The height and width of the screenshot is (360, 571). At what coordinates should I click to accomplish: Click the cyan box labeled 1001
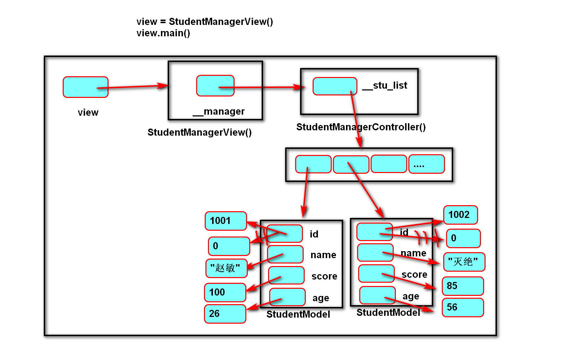coord(226,221)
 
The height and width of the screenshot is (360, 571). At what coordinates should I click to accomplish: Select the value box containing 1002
coord(460,215)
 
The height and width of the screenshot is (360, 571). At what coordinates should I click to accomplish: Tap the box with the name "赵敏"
coord(226,268)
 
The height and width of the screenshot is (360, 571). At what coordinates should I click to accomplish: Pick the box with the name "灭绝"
coord(464,262)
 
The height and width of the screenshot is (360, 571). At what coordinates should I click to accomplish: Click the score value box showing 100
coord(225,292)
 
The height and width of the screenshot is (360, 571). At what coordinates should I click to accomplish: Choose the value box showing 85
coord(462,286)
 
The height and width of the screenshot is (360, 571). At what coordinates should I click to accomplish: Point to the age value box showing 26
coord(225,314)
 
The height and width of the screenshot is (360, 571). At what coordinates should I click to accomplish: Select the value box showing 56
coord(462,307)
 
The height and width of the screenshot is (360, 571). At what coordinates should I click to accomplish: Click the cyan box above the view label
coord(85,87)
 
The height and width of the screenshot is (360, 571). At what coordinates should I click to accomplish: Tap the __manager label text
coord(219,111)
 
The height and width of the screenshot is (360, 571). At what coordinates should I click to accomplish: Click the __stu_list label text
coord(384,85)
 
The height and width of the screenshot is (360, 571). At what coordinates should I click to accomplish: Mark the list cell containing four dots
coord(426,164)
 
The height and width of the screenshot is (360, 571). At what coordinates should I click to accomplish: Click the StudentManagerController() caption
coord(361,127)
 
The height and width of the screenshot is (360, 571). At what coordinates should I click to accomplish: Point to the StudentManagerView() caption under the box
coord(199,132)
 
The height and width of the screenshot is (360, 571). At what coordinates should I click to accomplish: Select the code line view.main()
coord(163,33)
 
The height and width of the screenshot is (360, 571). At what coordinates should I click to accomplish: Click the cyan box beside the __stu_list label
coord(335,86)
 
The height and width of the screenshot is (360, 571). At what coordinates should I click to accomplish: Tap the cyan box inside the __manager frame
coord(215,85)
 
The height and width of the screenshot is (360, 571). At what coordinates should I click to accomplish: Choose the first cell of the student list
coord(313,164)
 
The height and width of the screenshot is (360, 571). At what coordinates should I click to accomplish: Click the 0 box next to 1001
coord(229,246)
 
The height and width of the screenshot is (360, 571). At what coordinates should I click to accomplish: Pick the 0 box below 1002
coord(463,238)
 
